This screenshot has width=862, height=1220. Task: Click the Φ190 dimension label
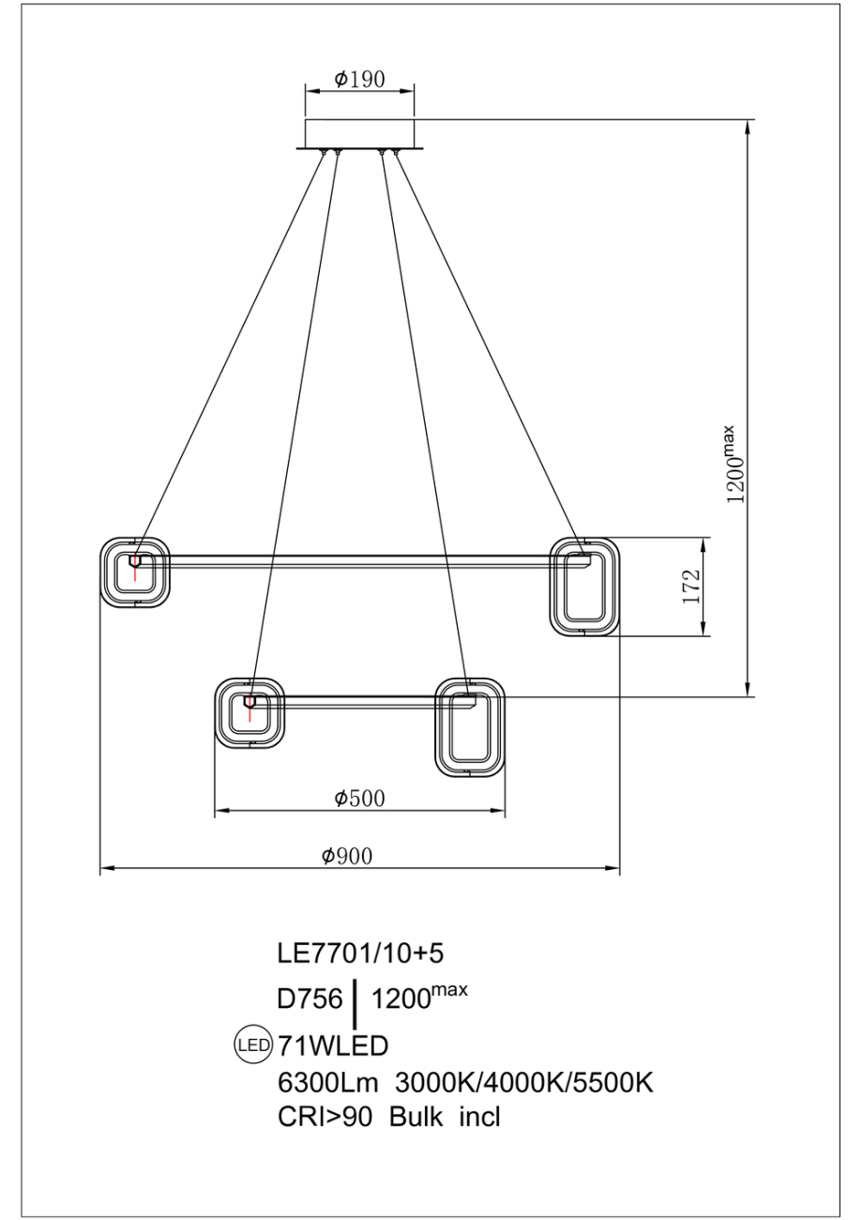(359, 79)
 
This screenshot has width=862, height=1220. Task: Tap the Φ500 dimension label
(359, 799)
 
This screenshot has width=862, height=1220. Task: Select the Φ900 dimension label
(347, 856)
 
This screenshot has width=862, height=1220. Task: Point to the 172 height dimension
(690, 587)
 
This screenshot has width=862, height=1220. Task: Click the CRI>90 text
(325, 1121)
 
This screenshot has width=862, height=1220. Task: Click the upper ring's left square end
(135, 572)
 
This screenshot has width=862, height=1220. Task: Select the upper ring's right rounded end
(584, 587)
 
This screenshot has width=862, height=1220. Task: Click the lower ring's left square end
(250, 713)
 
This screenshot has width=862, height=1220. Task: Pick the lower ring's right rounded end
(470, 727)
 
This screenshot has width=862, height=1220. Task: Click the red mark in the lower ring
(250, 708)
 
